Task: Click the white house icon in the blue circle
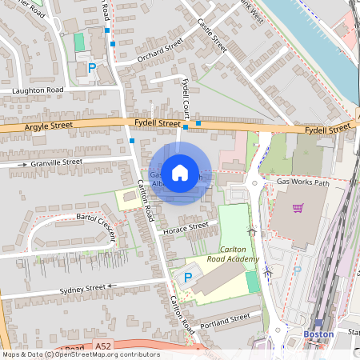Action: tap(180, 171)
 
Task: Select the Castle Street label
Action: tap(212, 37)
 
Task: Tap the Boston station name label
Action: tap(318, 334)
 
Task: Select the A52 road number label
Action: tap(102, 346)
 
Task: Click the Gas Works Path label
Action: tap(303, 182)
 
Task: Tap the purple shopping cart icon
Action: tap(298, 209)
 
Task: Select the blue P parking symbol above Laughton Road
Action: tap(92, 68)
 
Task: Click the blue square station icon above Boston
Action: tap(318, 322)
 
